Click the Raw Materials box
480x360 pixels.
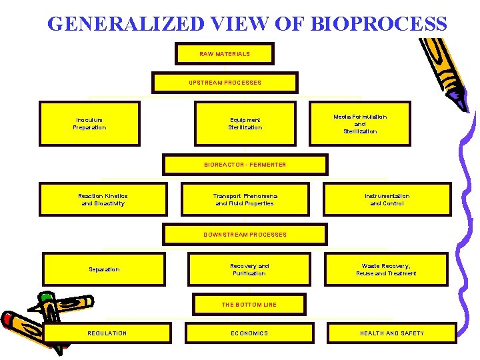point(225,54)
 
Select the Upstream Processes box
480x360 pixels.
point(225,83)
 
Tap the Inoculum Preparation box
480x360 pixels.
point(89,123)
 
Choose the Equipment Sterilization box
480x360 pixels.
point(245,123)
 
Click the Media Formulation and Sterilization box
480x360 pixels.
point(360,123)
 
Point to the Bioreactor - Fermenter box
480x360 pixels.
point(245,165)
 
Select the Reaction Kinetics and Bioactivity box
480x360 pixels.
point(103,199)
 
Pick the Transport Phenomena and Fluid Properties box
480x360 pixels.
point(245,199)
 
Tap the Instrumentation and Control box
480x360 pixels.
point(387,199)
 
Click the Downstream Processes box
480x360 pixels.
point(245,235)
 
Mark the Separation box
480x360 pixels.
point(104,269)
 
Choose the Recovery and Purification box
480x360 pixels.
point(249,269)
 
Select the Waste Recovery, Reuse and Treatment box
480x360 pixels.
point(387,269)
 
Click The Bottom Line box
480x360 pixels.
point(249,305)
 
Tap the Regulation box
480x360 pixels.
point(107,333)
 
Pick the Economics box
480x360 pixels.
point(249,333)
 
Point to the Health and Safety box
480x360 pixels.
point(392,333)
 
